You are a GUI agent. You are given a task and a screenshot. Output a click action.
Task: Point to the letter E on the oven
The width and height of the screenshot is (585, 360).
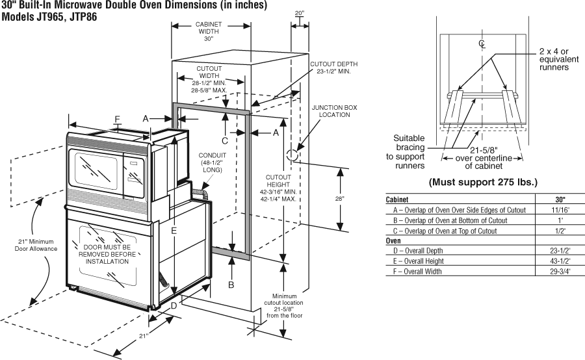point(174,230)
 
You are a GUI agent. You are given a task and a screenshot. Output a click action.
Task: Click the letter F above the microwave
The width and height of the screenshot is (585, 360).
point(117,119)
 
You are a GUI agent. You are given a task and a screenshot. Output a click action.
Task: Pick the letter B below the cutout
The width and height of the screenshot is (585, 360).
point(231,284)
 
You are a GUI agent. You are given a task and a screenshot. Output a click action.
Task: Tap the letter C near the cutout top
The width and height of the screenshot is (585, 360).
point(224,140)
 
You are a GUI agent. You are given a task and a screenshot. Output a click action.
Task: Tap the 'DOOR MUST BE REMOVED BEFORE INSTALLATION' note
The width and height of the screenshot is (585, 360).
point(109,254)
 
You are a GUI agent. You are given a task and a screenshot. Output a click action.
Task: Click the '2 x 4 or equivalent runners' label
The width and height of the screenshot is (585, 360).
point(554,58)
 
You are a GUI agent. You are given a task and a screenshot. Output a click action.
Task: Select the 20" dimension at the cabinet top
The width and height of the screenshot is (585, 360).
point(299,12)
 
